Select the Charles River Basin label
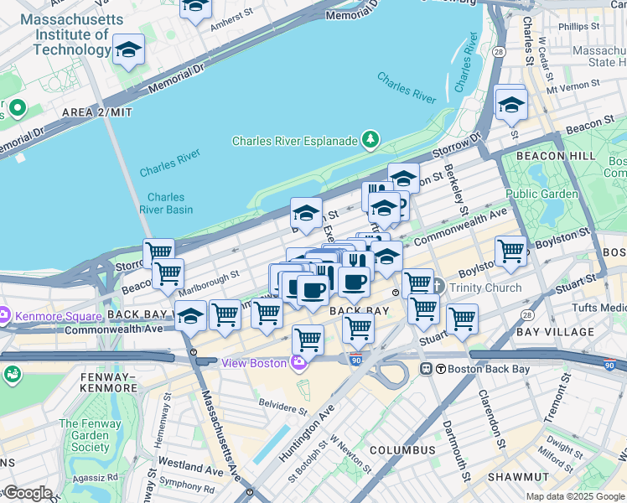[164, 204]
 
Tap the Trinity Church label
[484, 288]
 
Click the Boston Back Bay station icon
[426, 368]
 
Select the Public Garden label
[541, 194]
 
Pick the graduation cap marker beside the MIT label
[129, 50]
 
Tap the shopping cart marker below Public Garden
[510, 251]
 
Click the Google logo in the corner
[28, 494]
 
